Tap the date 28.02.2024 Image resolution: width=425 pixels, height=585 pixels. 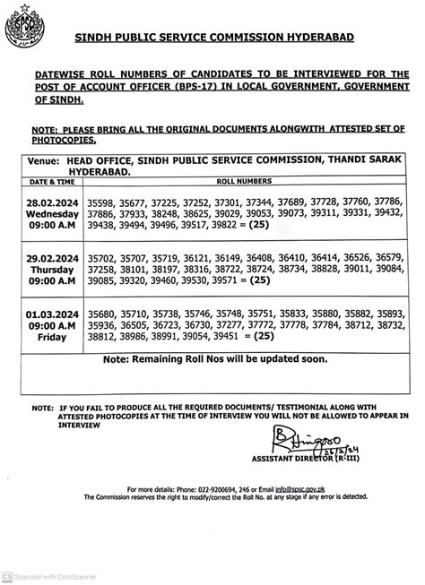tap(52, 204)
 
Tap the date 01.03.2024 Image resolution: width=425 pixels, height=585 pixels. tap(52, 314)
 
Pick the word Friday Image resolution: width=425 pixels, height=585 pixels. tap(52, 339)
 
